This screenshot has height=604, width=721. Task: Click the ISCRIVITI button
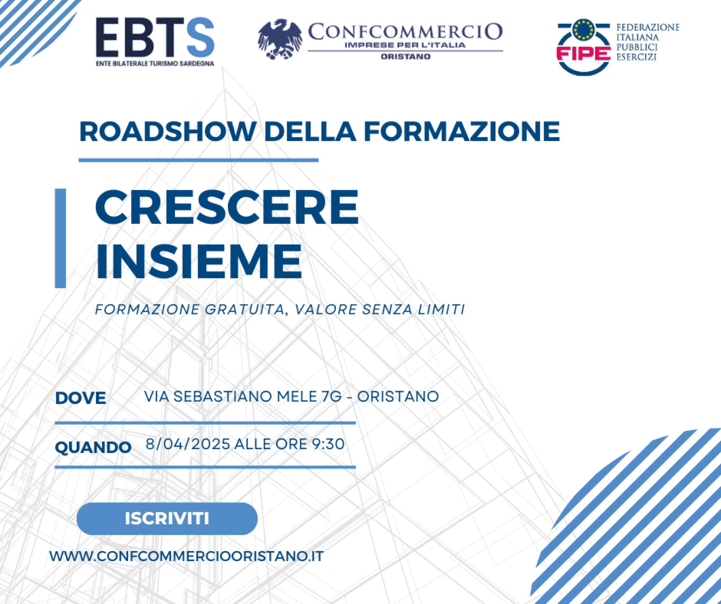pos(167,519)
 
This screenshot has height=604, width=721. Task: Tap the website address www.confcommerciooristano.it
pos(186,556)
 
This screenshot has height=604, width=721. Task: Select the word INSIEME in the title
pos(198,261)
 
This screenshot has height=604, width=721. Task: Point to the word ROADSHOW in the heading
pos(168,131)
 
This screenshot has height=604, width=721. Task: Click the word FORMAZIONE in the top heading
pos(462,131)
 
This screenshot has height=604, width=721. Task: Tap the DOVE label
pos(80,398)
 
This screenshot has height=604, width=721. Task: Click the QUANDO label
pos(93,447)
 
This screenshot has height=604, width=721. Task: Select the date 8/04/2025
pos(187,444)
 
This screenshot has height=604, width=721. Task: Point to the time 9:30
pos(328,444)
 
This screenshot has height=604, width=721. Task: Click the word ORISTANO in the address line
pos(398,396)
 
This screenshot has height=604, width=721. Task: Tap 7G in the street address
pos(331,396)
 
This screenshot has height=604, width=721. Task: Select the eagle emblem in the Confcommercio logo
pos(280,39)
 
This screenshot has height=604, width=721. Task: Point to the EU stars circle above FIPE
pos(584,30)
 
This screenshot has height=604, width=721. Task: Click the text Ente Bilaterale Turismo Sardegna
pos(155,64)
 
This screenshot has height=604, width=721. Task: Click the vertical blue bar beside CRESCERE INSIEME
pos(60,238)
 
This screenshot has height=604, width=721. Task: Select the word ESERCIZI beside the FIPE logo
pos(636,57)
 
